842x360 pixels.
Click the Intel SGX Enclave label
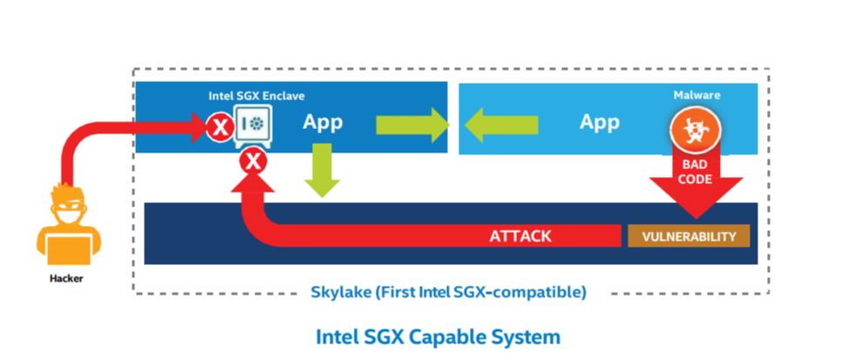pos(255,96)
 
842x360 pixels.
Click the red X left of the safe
pos(220,129)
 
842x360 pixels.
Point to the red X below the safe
pos(254,160)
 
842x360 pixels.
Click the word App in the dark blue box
pos(323,122)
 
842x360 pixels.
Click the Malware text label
pos(696,95)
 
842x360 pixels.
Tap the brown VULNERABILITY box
pos(689,236)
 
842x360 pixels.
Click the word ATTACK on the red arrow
pos(520,236)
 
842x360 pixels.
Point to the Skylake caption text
pos(448,292)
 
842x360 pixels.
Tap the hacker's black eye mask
pos(69,208)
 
